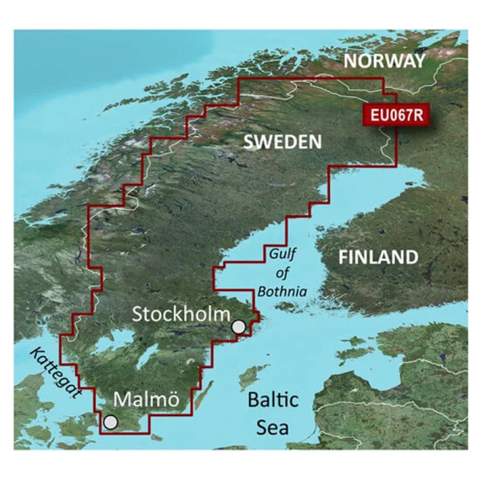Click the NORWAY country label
(383, 62)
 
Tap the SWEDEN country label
(282, 141)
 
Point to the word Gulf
(284, 254)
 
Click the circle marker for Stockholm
(240, 327)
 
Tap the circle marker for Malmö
(111, 420)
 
